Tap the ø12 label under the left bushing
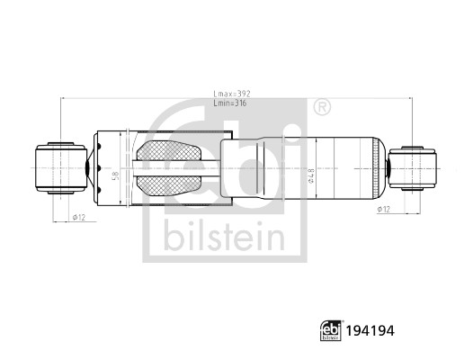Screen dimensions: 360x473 click(77, 217)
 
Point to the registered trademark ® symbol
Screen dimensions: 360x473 click(321, 109)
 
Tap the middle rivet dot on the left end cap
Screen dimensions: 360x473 click(89, 167)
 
